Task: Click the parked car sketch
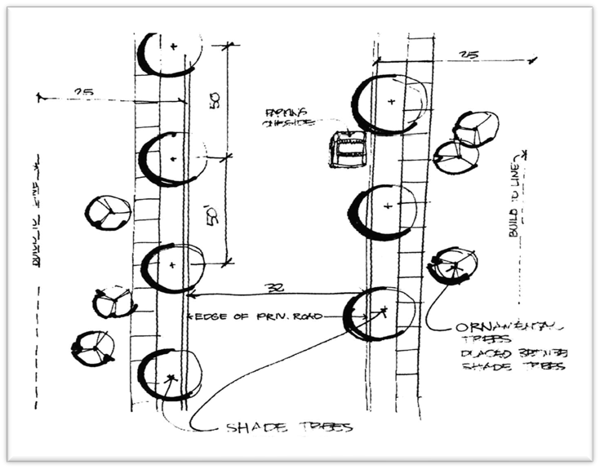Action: (x=346, y=150)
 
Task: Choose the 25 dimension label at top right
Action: (x=469, y=55)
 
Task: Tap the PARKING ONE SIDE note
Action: (x=282, y=117)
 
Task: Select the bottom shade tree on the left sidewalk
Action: (x=170, y=375)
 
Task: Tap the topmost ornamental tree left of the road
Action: (x=108, y=213)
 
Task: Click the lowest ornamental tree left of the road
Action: (x=94, y=348)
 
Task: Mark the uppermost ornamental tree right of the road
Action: (x=475, y=128)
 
